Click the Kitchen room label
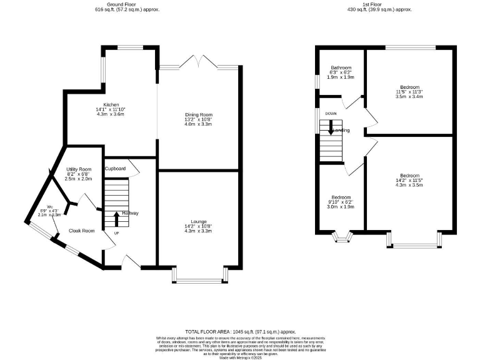(x=111, y=104)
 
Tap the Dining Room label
(x=198, y=114)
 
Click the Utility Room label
(x=79, y=169)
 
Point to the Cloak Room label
(x=81, y=231)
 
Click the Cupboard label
(x=116, y=169)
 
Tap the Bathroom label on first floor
(x=341, y=67)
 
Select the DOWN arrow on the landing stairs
(x=331, y=127)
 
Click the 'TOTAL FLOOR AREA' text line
(x=240, y=331)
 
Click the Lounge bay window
(x=198, y=277)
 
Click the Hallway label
(x=130, y=213)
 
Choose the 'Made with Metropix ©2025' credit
(x=240, y=355)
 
